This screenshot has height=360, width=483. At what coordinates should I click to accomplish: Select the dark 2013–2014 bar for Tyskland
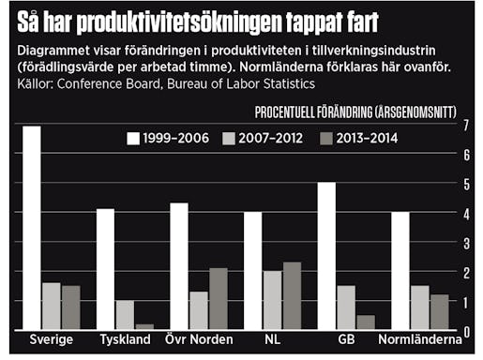click(143, 325)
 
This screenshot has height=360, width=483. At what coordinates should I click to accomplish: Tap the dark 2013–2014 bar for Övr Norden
click(218, 298)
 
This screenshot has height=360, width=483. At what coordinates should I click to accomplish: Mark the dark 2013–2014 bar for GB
click(365, 322)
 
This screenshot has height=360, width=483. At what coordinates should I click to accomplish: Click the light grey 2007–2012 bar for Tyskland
click(124, 314)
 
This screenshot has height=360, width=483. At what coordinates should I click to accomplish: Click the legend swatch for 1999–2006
click(134, 139)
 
